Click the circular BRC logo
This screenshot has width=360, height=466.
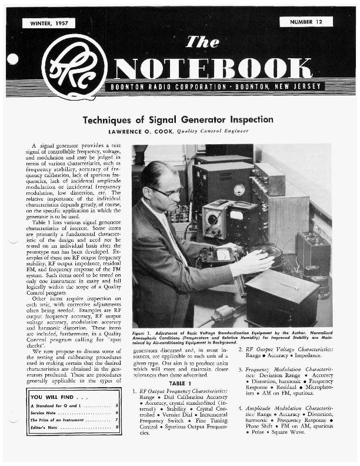(x=74, y=66)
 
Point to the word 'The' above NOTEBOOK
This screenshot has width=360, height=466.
(x=202, y=42)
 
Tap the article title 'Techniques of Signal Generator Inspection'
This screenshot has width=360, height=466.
(x=178, y=119)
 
